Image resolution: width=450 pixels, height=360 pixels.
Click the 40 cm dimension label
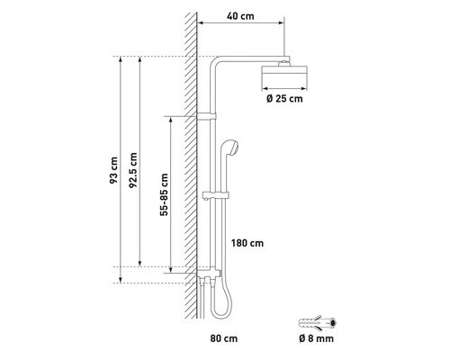click(240, 16)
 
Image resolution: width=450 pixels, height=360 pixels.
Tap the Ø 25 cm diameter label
click(284, 98)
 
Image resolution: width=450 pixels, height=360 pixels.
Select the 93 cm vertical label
click(113, 170)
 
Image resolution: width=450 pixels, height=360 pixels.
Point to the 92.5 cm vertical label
click(133, 170)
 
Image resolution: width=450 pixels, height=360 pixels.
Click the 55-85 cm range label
click(164, 194)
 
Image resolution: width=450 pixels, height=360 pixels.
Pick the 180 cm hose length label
click(247, 243)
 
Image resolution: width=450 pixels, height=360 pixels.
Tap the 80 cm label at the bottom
click(224, 338)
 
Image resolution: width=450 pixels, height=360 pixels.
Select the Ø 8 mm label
click(316, 338)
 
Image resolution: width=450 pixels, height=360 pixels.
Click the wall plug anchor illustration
click(318, 323)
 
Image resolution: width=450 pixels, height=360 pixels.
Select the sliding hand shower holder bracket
click(216, 195)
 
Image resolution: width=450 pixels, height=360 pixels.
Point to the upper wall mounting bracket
click(207, 116)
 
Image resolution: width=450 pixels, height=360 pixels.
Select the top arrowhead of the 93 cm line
click(121, 59)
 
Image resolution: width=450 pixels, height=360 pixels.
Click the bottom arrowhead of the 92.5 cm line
click(139, 264)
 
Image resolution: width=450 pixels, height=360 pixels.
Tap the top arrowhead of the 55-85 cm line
click(171, 120)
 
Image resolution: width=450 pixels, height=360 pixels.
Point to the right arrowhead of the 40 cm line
click(282, 22)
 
